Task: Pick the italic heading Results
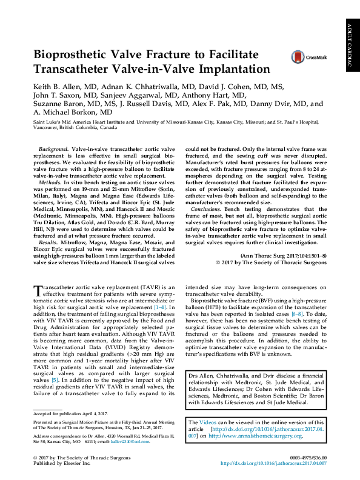tap(48, 242)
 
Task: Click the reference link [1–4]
tap(160, 308)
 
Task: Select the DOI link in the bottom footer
tap(273, 463)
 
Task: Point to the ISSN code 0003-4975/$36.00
tap(308, 456)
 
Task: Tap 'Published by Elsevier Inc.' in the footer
tap(63, 463)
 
